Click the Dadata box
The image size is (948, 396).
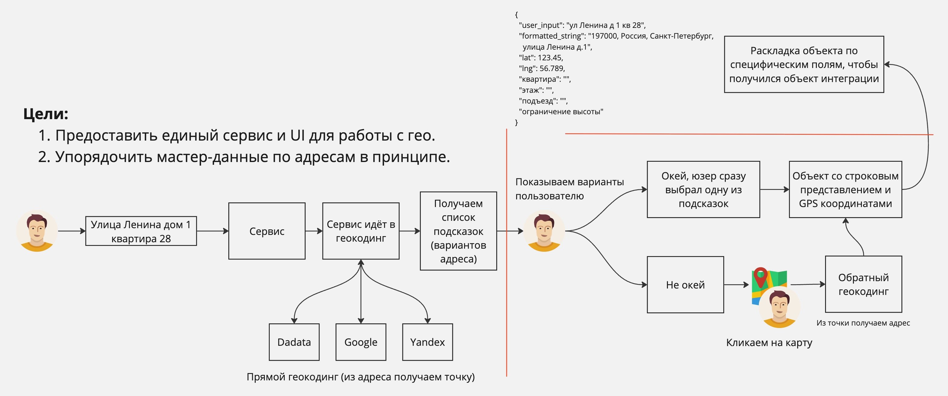294,342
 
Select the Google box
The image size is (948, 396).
361,342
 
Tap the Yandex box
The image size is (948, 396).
427,342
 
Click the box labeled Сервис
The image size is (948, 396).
267,231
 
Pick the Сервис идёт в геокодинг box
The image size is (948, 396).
361,231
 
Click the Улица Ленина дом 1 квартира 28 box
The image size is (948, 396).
141,231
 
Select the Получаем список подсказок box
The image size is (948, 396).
458,231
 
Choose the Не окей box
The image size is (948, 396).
685,285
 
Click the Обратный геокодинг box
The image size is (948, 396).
863,284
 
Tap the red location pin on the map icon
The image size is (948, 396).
760,275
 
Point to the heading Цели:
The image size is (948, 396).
46,114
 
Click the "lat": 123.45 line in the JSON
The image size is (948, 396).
541,58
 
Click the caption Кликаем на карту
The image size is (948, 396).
769,342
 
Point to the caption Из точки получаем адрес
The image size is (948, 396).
863,323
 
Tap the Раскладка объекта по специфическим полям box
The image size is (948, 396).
804,64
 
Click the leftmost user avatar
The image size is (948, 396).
37,231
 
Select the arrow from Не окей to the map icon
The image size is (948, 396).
736,285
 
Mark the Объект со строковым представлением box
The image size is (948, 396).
845,189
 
